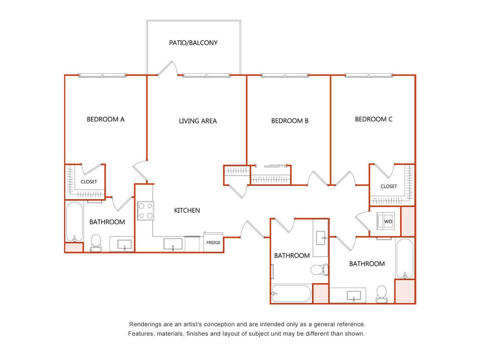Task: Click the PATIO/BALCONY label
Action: click(x=193, y=43)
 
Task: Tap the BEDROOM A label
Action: click(x=105, y=119)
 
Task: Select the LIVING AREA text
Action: click(x=198, y=121)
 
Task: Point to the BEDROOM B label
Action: click(x=290, y=121)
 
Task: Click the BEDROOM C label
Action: click(x=373, y=119)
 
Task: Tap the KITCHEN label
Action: click(x=187, y=210)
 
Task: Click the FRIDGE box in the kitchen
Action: click(x=213, y=243)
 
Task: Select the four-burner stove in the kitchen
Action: click(x=145, y=211)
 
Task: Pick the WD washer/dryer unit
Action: click(x=385, y=222)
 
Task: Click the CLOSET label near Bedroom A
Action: click(x=89, y=182)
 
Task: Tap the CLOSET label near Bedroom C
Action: click(x=388, y=186)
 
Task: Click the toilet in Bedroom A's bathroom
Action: click(x=96, y=242)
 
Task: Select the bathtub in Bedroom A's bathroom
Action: click(x=75, y=222)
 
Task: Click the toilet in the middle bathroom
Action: click(x=318, y=270)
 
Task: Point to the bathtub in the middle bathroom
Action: click(x=291, y=293)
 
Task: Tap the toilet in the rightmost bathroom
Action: click(x=381, y=293)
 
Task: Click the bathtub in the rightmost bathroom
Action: click(x=404, y=258)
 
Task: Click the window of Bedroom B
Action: click(x=285, y=76)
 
